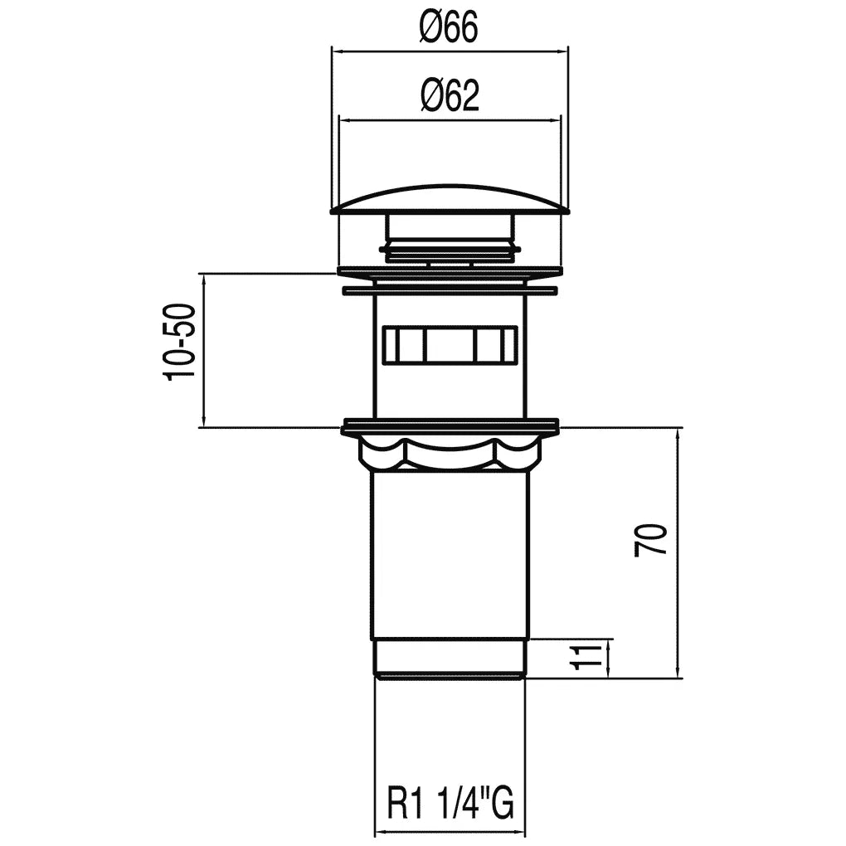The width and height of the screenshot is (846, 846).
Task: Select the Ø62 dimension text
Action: tap(450, 96)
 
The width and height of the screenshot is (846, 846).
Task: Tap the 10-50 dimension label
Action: tap(180, 343)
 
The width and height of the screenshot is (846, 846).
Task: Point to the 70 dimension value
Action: tap(651, 540)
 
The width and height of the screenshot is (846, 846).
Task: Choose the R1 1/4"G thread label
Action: tap(450, 804)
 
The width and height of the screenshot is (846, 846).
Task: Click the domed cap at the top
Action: tap(450, 200)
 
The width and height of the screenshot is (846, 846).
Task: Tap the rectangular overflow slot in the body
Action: tap(450, 344)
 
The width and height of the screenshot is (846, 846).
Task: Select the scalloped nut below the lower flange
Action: tap(450, 452)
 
